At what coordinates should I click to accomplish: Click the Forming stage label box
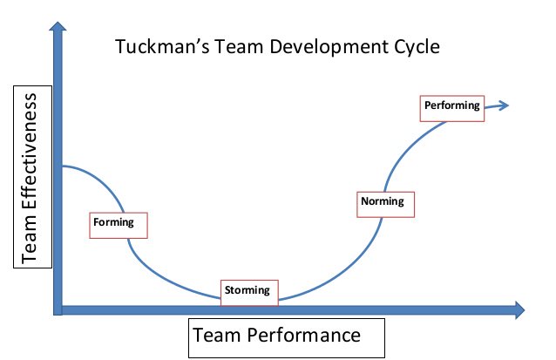coord(119,223)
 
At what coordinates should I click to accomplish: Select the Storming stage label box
coord(249,290)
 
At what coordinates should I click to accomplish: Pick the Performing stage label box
coord(451,106)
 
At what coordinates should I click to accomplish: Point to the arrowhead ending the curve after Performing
coord(503,105)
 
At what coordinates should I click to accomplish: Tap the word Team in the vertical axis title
coord(29,241)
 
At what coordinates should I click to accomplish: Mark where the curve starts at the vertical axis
coord(64,166)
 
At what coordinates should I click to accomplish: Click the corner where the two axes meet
coord(58,309)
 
